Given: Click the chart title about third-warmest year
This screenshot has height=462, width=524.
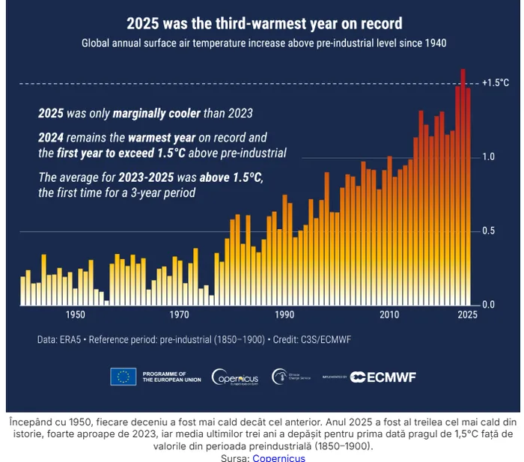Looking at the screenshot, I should [x=263, y=23].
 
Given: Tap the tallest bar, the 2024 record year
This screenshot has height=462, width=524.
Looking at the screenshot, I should [x=463, y=187].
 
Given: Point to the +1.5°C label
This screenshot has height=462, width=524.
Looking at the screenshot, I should [x=495, y=82].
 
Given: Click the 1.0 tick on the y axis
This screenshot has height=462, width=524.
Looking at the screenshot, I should [x=488, y=156].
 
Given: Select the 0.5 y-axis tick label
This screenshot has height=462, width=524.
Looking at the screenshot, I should [x=488, y=231].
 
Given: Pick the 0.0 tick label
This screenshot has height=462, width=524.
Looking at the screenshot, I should [x=488, y=305].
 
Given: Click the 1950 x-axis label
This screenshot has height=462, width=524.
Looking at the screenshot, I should [x=75, y=315].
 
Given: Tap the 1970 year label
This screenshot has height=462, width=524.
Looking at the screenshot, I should [x=180, y=315].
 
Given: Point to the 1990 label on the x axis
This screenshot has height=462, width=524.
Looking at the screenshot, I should [x=284, y=315].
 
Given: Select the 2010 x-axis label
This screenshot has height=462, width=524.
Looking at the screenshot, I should [x=389, y=315].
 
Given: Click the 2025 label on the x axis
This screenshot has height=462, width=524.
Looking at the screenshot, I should [x=467, y=315].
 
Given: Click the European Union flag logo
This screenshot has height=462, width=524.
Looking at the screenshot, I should [x=123, y=377].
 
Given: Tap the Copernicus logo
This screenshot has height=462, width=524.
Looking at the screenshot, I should [x=236, y=377].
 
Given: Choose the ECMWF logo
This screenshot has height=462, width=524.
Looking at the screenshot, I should [x=388, y=377].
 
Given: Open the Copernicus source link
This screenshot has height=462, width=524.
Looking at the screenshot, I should [x=278, y=457].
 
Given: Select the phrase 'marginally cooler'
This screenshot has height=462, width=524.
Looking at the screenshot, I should [x=156, y=114].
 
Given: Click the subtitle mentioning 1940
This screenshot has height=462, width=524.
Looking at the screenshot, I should [x=263, y=43].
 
